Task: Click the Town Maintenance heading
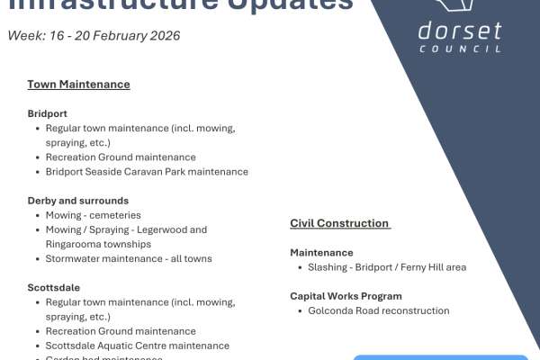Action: (78, 85)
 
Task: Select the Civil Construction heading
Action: (339, 223)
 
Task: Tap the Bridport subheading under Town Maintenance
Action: (48, 114)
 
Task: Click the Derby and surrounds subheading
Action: (77, 201)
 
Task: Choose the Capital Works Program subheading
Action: (346, 296)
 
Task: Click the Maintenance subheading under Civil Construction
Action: (321, 253)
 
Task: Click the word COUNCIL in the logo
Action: (460, 49)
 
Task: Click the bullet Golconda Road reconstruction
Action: (379, 311)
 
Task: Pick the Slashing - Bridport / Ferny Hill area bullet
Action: (387, 267)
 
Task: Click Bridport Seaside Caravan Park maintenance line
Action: (147, 172)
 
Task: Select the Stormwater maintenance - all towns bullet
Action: (129, 258)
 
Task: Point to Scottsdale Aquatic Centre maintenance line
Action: (137, 346)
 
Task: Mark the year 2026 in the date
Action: (165, 36)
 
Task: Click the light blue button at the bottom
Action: (440, 356)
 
